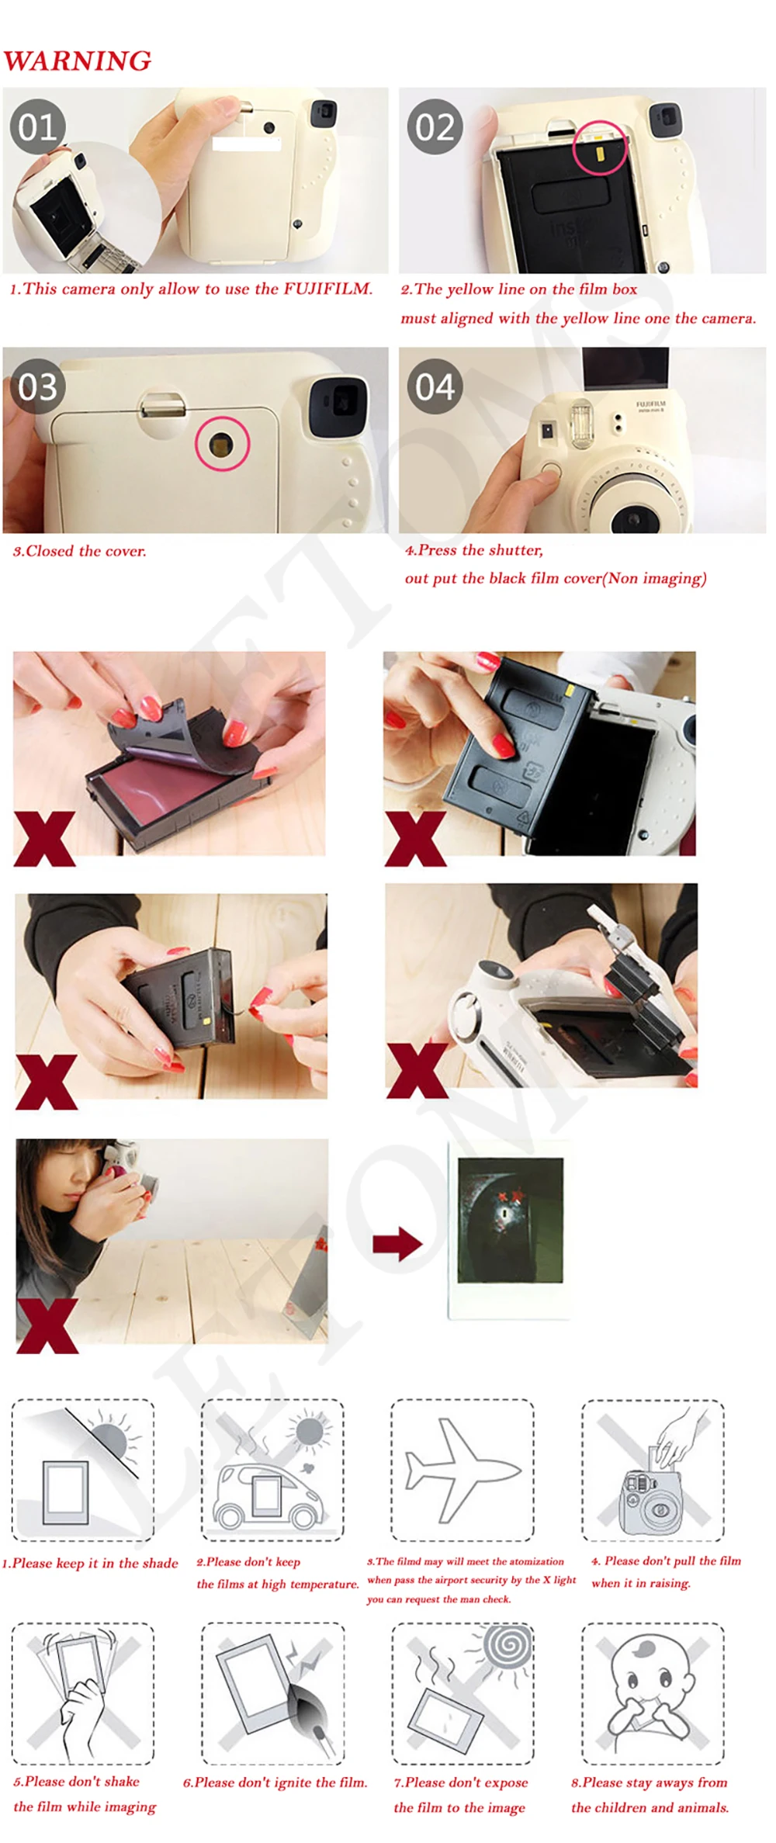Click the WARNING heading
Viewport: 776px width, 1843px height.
click(x=77, y=61)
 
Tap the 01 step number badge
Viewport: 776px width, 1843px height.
click(x=38, y=126)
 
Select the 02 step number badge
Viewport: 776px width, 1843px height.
click(x=435, y=126)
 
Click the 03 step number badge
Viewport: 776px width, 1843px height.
click(x=38, y=386)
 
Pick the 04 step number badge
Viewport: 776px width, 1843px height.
click(x=435, y=386)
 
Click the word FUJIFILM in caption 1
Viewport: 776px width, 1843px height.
click(x=327, y=289)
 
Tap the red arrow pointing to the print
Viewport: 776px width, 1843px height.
click(x=397, y=1243)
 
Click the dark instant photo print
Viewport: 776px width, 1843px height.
click(x=509, y=1229)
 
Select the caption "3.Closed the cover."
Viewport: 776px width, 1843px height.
click(x=79, y=551)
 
